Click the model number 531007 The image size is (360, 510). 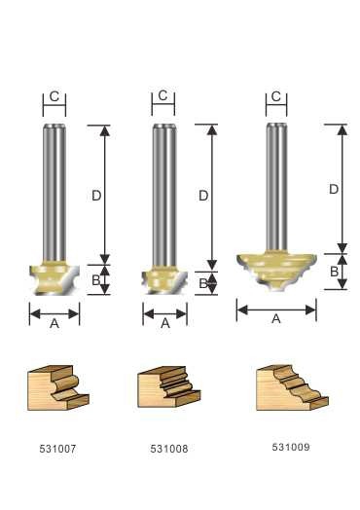57,449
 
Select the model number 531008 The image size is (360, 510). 169,449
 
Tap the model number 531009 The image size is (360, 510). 291,448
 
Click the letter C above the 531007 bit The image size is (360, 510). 54,96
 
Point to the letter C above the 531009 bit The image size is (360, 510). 275,96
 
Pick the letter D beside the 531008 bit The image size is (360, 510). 203,196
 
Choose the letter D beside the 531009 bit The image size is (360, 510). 334,189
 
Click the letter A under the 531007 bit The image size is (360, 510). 54,323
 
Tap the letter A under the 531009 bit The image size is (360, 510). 276,319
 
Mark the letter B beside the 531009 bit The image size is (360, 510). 334,272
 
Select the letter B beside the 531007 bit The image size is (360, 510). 96,280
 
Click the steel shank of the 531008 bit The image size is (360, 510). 164,196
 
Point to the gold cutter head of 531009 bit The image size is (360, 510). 276,270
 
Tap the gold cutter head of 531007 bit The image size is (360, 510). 54,278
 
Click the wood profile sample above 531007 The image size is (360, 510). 58,388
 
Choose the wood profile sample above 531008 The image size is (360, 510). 169,387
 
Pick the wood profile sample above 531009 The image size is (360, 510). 292,387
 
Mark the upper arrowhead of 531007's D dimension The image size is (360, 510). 104,130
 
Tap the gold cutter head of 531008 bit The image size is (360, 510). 164,280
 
